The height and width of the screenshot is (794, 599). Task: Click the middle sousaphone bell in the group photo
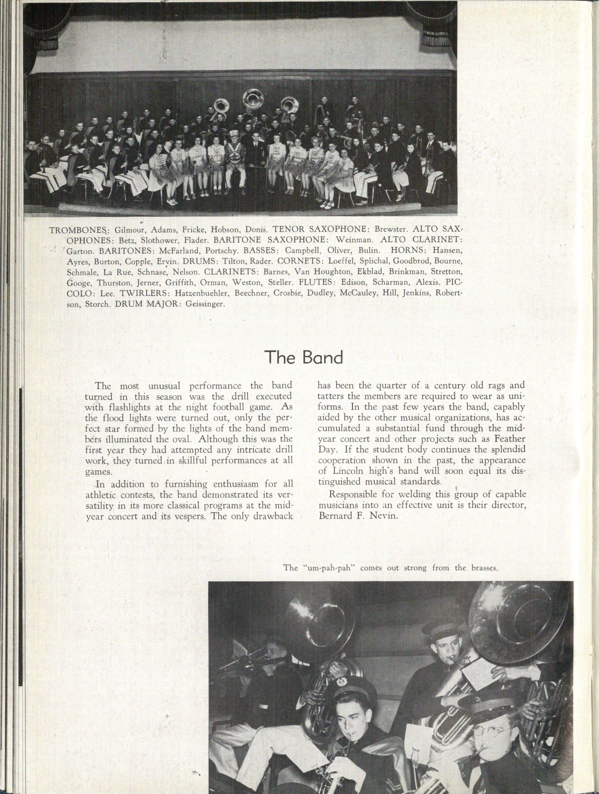[253, 98]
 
